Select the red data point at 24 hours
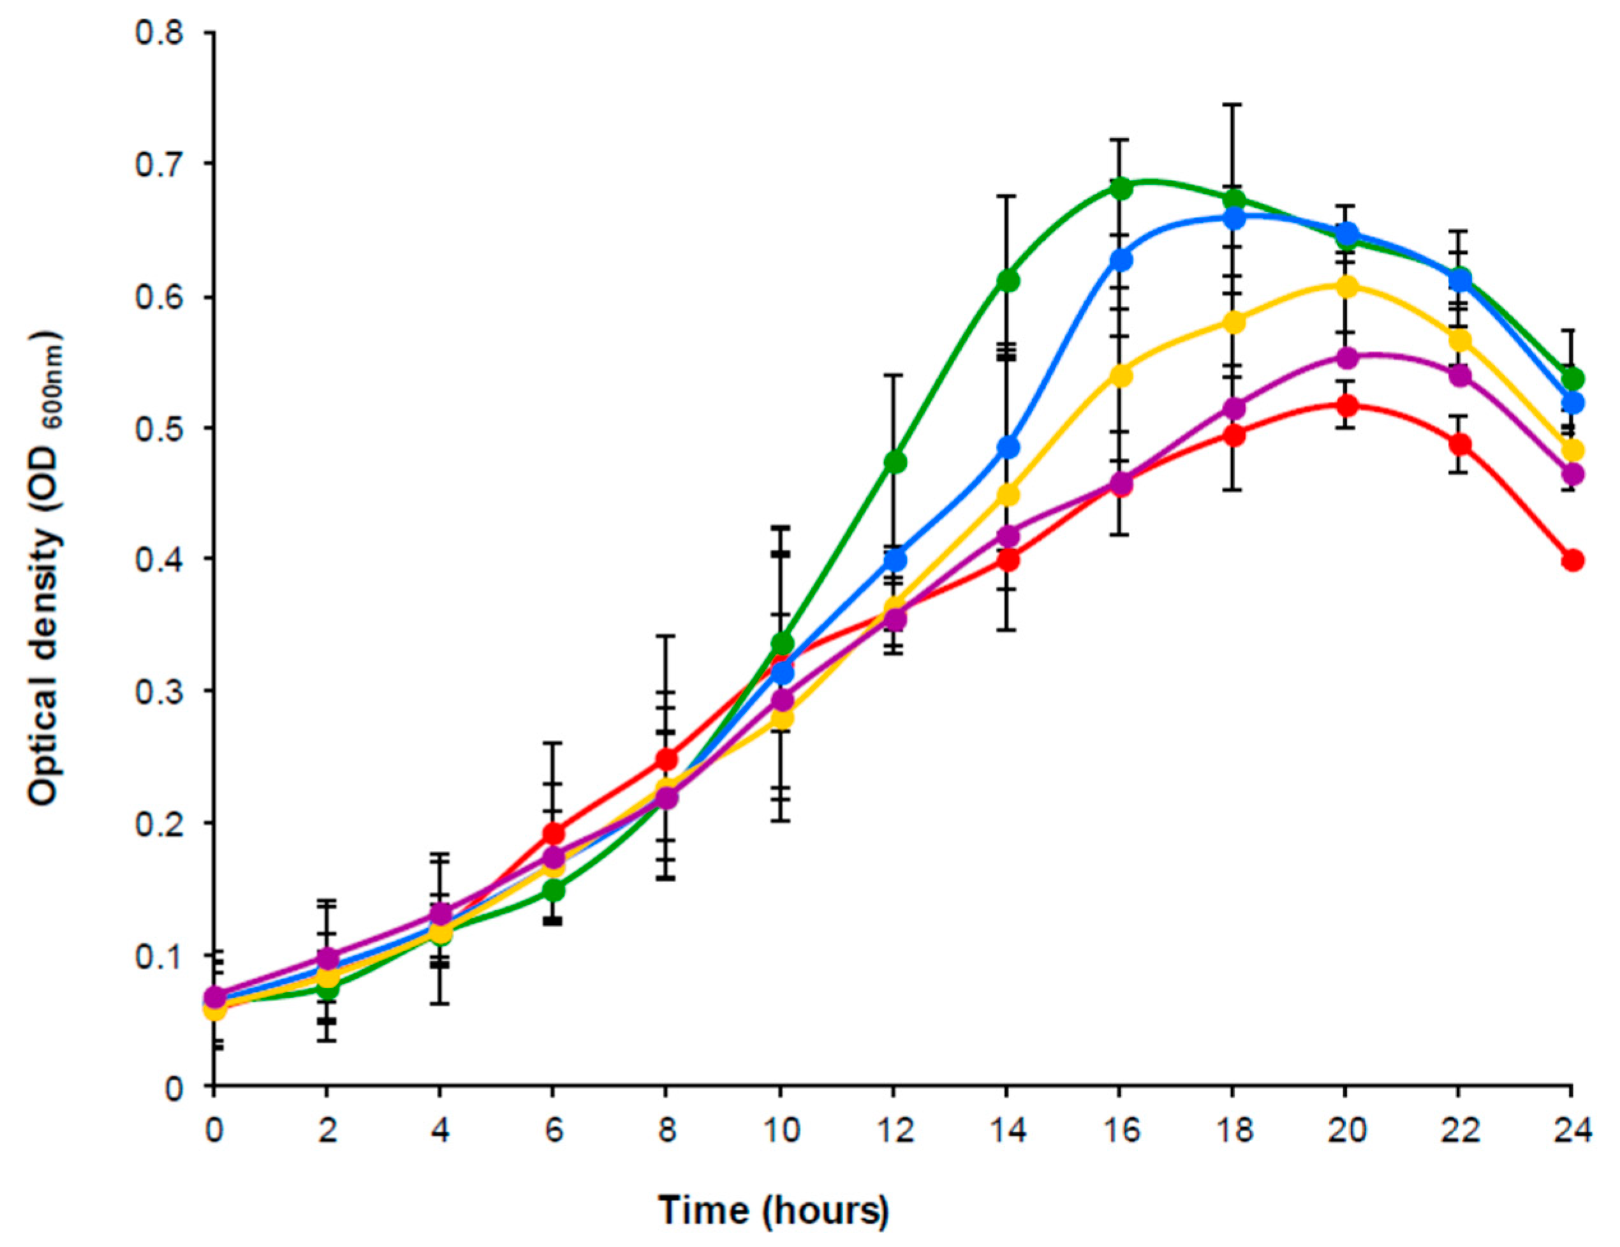(x=1572, y=560)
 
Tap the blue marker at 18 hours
(x=1233, y=218)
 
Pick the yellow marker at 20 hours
(x=1346, y=286)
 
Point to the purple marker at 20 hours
(x=1346, y=357)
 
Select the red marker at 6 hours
(x=554, y=833)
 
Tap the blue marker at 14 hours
(x=1007, y=446)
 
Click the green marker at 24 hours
(x=1572, y=378)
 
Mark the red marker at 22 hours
(x=1459, y=445)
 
